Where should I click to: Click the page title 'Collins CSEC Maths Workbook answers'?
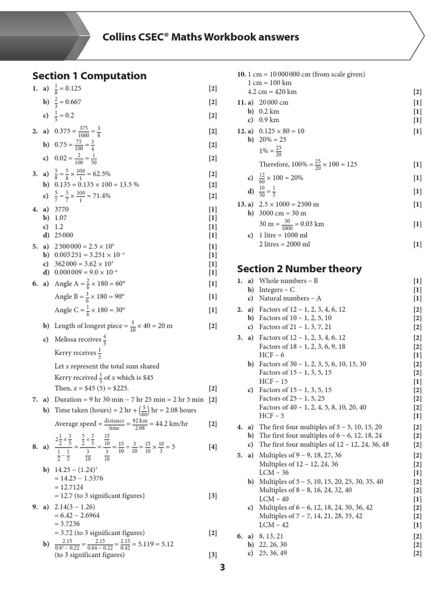coord(200,38)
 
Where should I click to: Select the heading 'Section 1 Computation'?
coord(89,76)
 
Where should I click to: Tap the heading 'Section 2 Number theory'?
coord(299,269)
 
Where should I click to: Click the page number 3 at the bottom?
coord(222,568)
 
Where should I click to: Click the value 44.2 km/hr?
coord(178,424)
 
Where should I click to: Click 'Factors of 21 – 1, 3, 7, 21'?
coord(295,327)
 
